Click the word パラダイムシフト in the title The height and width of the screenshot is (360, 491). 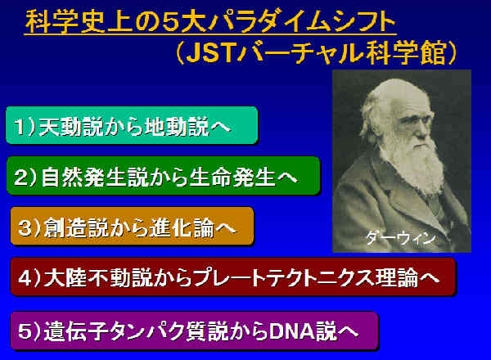click(x=302, y=22)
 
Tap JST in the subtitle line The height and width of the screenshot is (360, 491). click(x=211, y=52)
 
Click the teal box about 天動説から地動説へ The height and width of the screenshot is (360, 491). click(x=132, y=125)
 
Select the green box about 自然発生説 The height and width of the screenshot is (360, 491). click(x=164, y=176)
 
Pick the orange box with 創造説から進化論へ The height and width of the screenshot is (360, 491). click(x=132, y=226)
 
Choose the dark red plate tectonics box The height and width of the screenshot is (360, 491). click(x=233, y=277)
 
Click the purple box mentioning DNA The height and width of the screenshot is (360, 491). click(x=195, y=331)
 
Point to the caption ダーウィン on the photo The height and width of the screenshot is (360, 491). click(x=401, y=238)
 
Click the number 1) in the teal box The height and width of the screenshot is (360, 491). click(x=25, y=127)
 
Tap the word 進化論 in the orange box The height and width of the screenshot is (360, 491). click(x=181, y=227)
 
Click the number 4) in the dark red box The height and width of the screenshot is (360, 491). click(x=29, y=277)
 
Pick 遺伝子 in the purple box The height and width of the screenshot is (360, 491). click(x=76, y=331)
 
